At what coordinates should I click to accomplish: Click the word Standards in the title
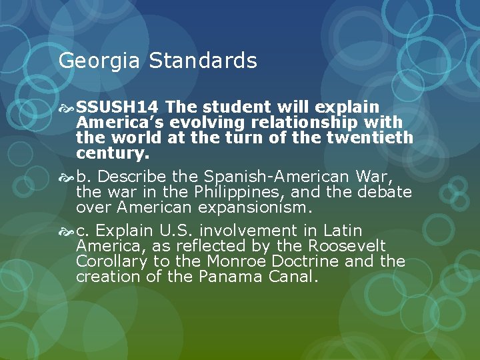[203, 61]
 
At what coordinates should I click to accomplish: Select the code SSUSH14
[117, 107]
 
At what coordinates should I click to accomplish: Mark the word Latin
[343, 231]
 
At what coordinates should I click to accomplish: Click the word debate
[387, 193]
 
